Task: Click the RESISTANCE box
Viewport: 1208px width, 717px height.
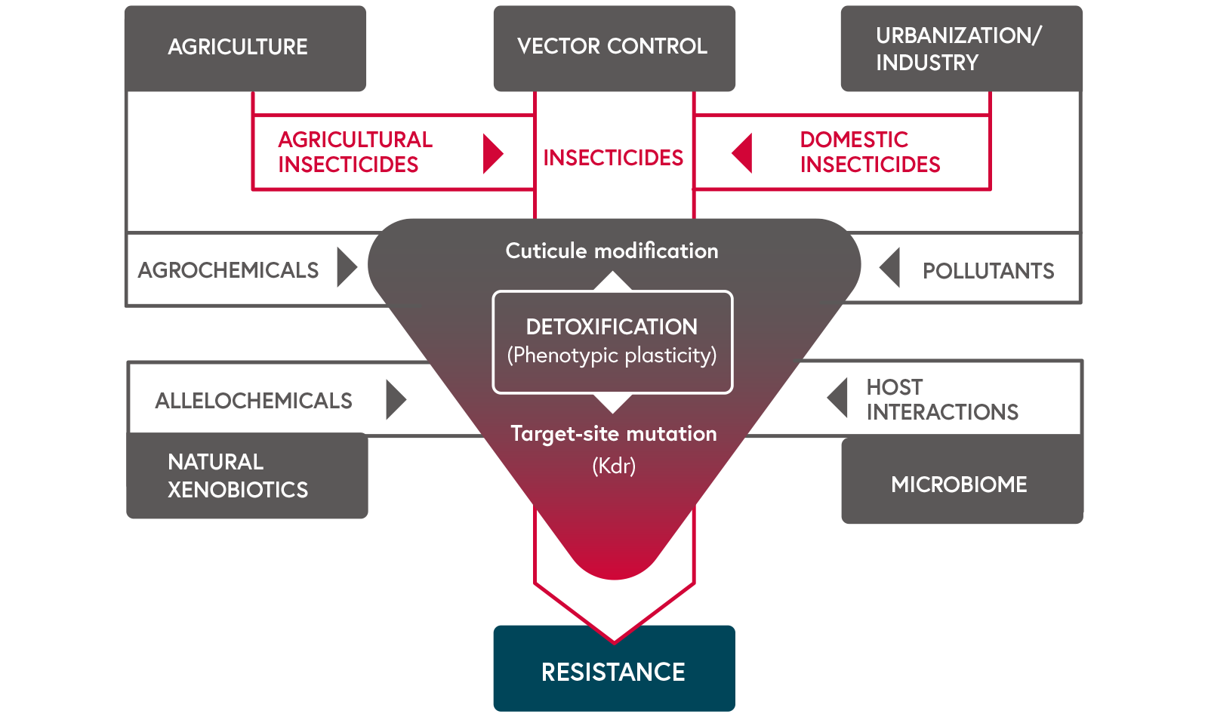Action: point(614,670)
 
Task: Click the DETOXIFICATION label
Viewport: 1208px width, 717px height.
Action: point(612,327)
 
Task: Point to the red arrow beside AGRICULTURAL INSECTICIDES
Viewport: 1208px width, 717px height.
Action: point(492,154)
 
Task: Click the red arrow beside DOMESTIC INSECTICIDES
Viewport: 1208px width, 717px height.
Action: point(743,153)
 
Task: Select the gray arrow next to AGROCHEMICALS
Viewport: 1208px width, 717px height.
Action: point(346,267)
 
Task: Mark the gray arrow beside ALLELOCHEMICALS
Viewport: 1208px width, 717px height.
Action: point(395,399)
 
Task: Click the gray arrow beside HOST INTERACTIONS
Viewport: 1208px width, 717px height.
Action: point(838,398)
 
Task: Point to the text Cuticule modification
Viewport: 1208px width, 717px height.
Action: point(612,251)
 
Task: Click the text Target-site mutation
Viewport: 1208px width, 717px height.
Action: point(614,433)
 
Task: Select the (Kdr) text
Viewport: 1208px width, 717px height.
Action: point(614,466)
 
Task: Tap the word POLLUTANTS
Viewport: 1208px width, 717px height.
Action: point(988,271)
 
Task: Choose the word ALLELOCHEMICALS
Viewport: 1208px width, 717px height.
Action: point(254,401)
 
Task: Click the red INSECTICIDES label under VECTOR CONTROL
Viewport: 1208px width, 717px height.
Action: point(613,158)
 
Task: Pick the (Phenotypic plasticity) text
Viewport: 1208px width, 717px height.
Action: point(612,355)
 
